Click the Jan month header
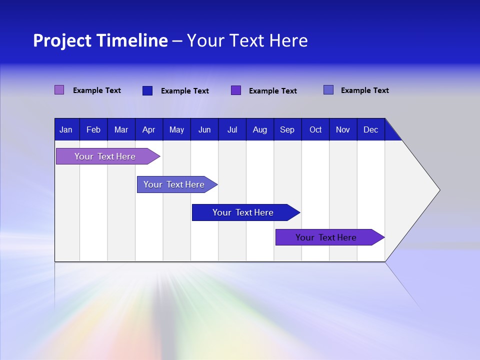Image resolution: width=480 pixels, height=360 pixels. click(66, 129)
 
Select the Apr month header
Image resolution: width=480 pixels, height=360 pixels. click(149, 129)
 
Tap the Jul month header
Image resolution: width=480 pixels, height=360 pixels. click(232, 129)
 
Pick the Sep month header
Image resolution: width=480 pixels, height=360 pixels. click(287, 129)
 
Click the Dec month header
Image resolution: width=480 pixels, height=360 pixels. click(371, 129)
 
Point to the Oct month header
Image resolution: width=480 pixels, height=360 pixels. click(315, 129)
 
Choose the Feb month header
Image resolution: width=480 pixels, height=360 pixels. click(93, 129)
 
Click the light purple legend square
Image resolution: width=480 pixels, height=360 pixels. click(59, 90)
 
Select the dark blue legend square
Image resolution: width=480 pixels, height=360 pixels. click(147, 90)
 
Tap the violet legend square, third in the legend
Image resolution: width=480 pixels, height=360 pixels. click(236, 90)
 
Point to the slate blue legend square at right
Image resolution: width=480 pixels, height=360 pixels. click(328, 90)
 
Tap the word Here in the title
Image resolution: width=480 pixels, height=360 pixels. click(288, 40)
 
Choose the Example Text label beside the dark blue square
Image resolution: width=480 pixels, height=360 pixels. click(185, 91)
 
